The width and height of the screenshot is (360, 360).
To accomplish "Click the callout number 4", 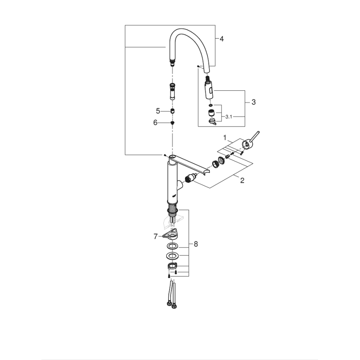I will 221,39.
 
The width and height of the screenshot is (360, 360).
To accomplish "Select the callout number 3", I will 253,102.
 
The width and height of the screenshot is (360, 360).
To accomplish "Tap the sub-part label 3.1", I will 229,117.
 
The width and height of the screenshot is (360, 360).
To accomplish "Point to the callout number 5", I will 158,111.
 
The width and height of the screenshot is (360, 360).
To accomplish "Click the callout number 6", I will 156,123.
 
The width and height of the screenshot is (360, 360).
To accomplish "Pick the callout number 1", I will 225,137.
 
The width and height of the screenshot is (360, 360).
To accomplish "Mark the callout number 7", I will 156,236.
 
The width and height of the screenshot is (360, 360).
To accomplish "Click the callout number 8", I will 195,244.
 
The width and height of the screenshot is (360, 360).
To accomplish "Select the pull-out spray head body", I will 209,89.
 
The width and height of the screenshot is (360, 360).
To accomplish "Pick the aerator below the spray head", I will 210,112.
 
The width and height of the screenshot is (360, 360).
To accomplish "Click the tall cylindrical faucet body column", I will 172,182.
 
